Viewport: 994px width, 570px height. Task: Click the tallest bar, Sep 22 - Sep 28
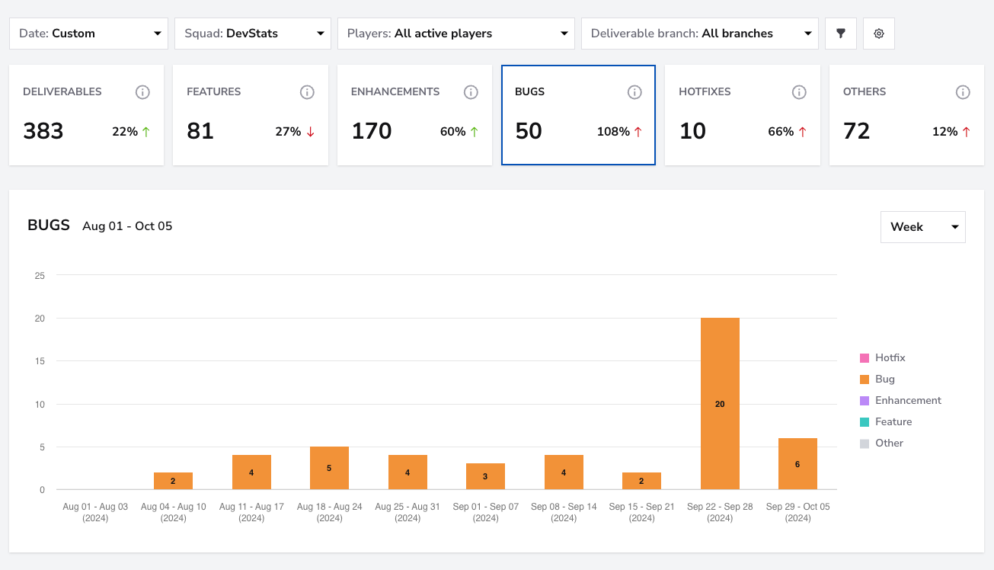720,404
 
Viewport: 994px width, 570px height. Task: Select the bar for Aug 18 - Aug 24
329,468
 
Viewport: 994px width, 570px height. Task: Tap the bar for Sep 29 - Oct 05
797,464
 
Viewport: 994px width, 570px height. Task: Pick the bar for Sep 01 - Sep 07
485,476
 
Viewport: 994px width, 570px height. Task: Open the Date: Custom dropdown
89,34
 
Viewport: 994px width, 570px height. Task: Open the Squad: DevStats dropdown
253,34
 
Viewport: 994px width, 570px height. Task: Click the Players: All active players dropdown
456,34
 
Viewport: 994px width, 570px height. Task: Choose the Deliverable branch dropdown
700,34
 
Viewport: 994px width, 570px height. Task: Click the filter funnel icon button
841,34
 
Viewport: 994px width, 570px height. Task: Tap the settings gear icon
879,34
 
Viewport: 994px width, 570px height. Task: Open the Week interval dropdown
923,227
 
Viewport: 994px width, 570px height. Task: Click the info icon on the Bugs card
634,92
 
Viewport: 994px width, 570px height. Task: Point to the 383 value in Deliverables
43,131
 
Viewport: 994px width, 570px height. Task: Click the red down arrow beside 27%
311,132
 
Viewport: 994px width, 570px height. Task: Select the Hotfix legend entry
882,358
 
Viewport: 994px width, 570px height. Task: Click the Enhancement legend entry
900,400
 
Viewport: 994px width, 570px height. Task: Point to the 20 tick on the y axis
40,319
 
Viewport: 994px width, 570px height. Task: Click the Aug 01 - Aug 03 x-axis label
95,512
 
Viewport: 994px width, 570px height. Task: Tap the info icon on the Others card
963,92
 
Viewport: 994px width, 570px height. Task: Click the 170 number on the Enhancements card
372,131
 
